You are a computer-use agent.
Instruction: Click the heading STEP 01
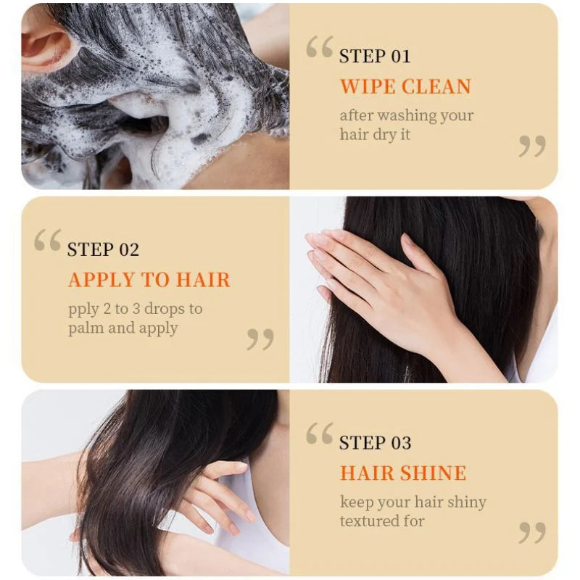coord(375,57)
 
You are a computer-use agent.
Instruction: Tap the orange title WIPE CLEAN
coord(405,86)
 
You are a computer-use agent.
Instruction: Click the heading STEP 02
coord(103,249)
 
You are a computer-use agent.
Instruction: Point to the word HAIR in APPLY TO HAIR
coord(203,280)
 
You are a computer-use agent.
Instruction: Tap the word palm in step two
coord(83,328)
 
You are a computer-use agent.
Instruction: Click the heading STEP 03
coord(375,443)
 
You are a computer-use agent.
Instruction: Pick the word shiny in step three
coord(467,502)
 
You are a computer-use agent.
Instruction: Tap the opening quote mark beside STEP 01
coord(320,46)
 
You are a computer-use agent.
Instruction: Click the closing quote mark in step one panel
coord(532,146)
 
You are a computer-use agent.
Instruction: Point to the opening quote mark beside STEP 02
coord(47,240)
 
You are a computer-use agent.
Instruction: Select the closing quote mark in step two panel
coord(260,339)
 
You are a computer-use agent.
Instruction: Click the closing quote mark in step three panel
coord(532,533)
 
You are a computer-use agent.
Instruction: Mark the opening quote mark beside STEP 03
coord(320,433)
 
